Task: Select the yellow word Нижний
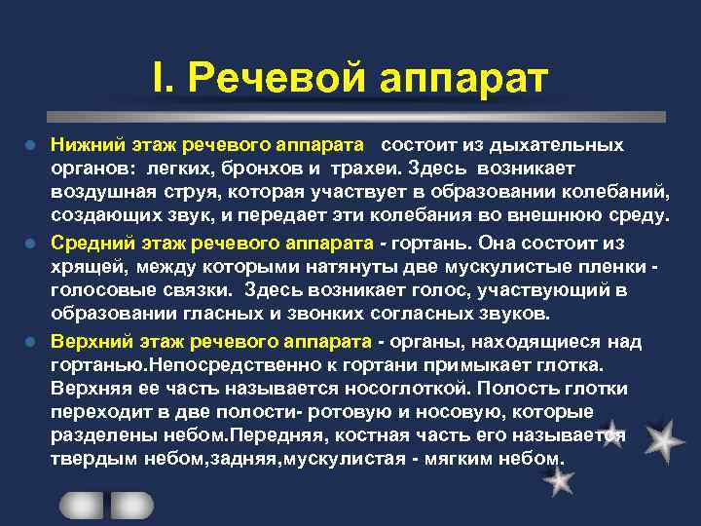[x=85, y=145]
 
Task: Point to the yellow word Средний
[x=89, y=243]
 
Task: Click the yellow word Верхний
[x=89, y=342]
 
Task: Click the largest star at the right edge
[x=663, y=442]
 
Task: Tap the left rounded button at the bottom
[x=81, y=505]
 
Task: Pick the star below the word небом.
[x=559, y=479]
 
